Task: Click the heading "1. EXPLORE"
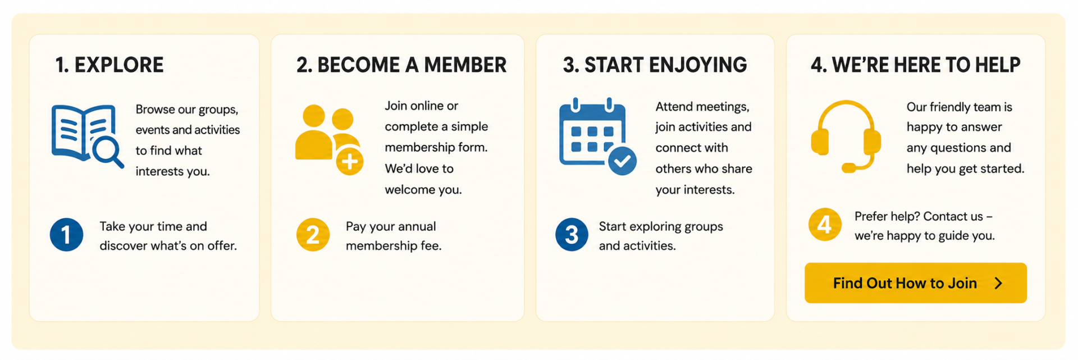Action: (x=109, y=65)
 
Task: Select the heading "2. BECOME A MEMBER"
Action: (x=401, y=65)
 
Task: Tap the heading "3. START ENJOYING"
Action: (x=655, y=65)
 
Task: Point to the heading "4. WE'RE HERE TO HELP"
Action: (x=916, y=65)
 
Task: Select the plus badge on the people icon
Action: (x=350, y=162)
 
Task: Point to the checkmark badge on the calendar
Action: (x=622, y=161)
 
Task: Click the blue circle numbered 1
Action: (x=66, y=235)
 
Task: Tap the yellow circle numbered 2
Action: (x=313, y=235)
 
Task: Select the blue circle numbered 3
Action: (x=572, y=235)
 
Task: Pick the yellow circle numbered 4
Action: (x=825, y=225)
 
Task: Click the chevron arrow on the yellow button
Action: (x=998, y=283)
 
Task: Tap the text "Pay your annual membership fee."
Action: (x=394, y=236)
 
